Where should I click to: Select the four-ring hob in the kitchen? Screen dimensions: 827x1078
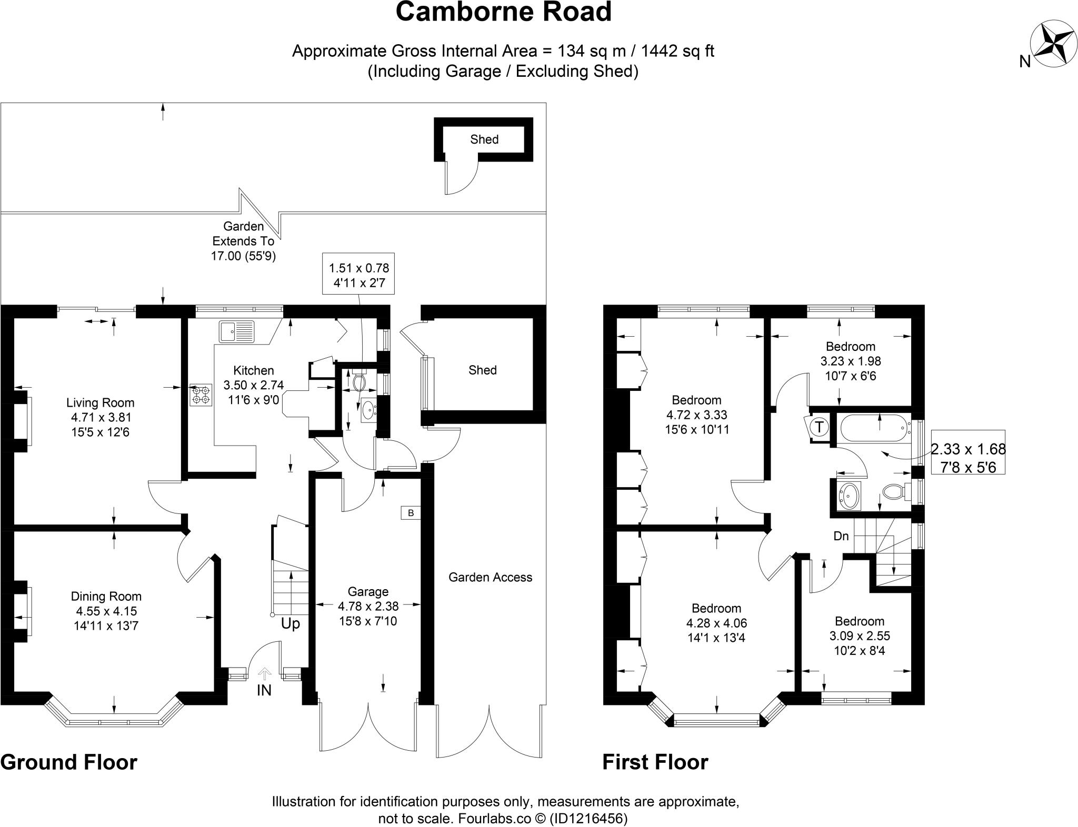coord(201,395)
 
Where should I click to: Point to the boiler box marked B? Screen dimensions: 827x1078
coord(411,513)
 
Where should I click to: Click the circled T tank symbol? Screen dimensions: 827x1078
coord(819,427)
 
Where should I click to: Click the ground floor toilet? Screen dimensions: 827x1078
coord(360,380)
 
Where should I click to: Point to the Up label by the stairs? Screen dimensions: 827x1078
coord(290,623)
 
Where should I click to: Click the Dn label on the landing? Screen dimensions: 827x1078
coord(841,536)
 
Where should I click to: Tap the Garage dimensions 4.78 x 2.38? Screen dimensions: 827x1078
coord(368,606)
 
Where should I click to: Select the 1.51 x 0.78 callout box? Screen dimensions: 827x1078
coord(358,275)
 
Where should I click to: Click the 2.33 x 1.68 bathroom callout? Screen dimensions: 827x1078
coord(968,458)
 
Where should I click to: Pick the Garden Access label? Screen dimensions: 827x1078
coord(490,577)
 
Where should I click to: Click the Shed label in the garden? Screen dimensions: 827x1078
coord(484,139)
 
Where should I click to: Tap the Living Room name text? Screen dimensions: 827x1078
coord(100,403)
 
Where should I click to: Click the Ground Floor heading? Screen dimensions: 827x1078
coord(69,762)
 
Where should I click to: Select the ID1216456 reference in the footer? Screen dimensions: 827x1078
coord(588,819)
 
